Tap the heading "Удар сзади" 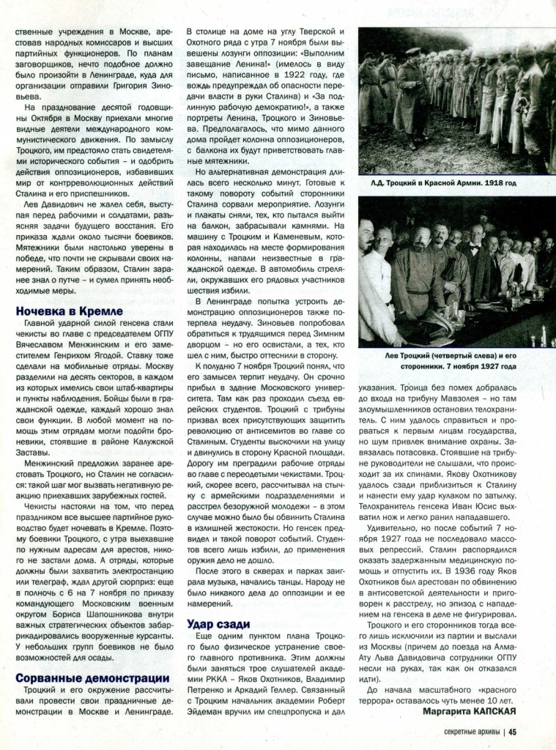220,624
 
